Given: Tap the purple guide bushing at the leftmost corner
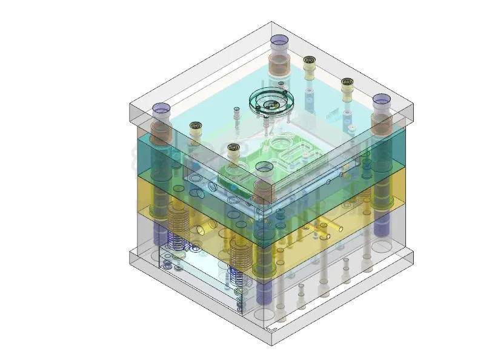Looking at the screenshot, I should [162, 109].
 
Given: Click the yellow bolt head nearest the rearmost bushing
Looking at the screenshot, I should [310, 61].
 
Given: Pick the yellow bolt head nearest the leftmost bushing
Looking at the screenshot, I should [195, 127].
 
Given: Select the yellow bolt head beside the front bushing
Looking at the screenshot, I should [232, 148].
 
